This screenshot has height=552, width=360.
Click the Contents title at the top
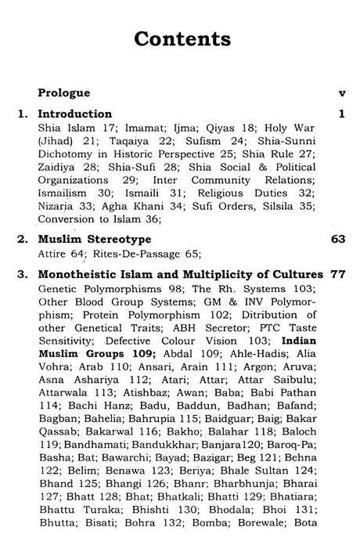(x=181, y=39)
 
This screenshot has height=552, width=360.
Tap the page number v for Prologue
(x=341, y=92)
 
